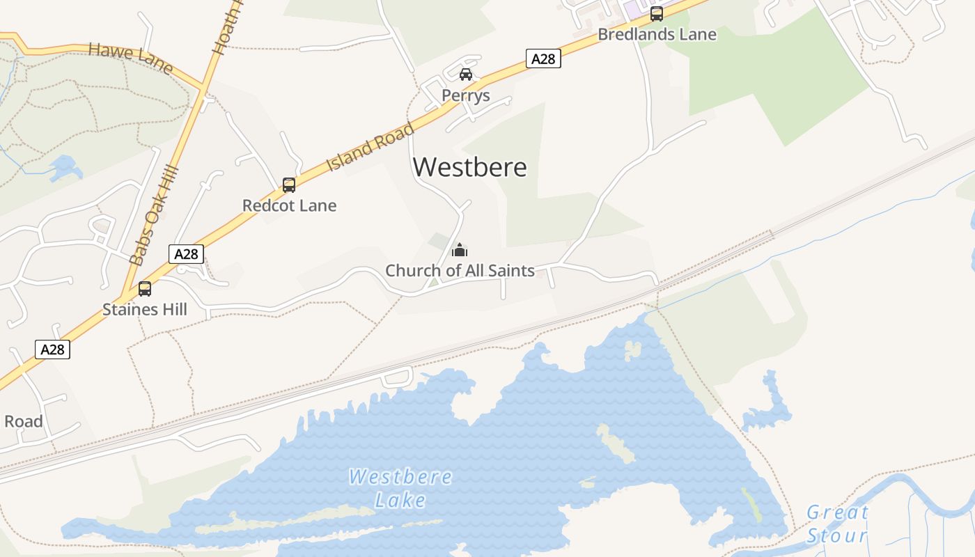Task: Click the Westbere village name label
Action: click(470, 167)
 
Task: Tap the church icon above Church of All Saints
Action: click(460, 249)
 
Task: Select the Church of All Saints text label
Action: click(460, 270)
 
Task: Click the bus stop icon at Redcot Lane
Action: click(289, 185)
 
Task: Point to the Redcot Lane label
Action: click(289, 205)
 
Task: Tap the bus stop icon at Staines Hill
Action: click(145, 288)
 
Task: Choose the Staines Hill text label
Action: click(145, 309)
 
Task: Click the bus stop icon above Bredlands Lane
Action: click(657, 13)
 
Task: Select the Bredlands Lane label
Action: click(657, 34)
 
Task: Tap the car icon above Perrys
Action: click(466, 74)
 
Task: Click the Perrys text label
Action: click(466, 95)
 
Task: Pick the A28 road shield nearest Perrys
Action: click(543, 58)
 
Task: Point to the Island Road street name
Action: click(370, 147)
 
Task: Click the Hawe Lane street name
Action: click(130, 58)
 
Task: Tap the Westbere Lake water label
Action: click(400, 488)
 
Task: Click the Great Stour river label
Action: click(837, 524)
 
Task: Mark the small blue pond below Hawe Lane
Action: click(64, 167)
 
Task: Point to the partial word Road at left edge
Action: click(23, 421)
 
